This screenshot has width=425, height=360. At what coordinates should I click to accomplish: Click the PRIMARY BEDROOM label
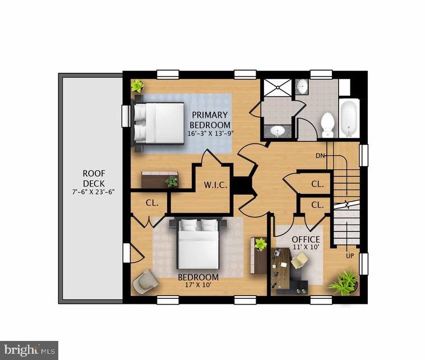tap(209, 119)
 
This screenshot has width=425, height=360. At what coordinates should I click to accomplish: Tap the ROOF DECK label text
tap(94, 178)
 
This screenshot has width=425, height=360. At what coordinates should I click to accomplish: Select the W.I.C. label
tap(215, 184)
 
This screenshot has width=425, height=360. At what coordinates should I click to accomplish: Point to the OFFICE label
tap(306, 239)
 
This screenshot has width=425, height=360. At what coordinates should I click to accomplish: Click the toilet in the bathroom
tap(327, 124)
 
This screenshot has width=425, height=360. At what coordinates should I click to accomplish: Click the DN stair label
tap(321, 155)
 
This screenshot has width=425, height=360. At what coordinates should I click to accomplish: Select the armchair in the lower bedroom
tap(146, 281)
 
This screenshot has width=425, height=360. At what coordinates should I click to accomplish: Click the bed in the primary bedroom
tap(159, 122)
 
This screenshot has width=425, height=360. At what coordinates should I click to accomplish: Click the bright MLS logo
tap(29, 350)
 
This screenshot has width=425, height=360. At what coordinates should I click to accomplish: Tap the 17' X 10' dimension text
tap(198, 285)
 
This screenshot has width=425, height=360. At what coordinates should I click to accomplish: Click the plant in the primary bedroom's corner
tap(137, 86)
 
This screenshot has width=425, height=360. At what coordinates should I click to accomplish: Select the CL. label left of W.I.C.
tap(152, 203)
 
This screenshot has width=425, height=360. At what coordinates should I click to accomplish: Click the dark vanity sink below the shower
tap(278, 131)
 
